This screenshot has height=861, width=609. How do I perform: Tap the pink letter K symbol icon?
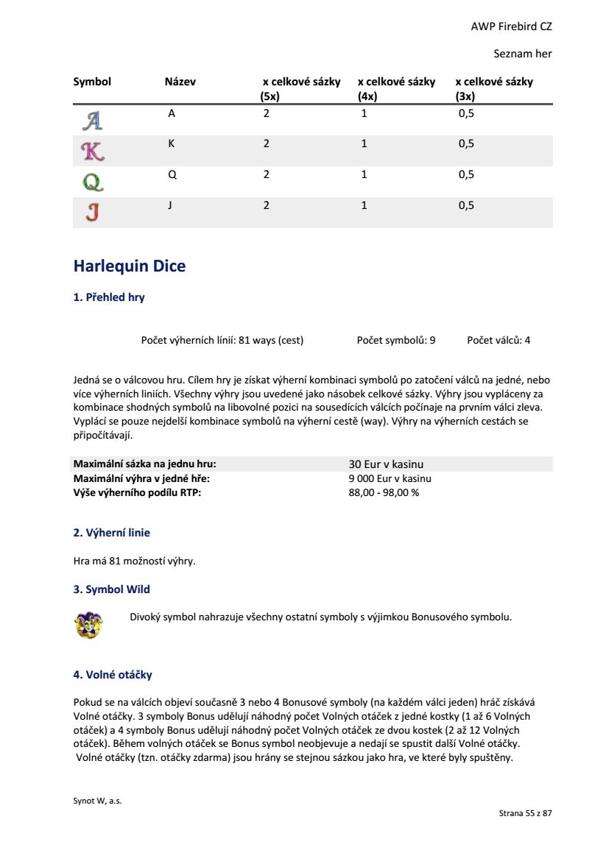pos(92,151)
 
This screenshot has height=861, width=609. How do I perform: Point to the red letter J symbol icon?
pos(92,212)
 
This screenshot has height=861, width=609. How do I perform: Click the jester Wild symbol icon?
pos(89,623)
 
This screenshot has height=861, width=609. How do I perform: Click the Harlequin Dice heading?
pos(130,266)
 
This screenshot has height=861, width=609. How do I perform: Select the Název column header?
pos(180,82)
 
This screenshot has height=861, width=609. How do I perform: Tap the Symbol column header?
pos(92,82)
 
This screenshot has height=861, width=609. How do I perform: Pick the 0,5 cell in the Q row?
pos(466,174)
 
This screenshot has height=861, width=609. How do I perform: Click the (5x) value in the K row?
pos(267,143)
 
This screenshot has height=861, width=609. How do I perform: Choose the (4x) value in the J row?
pos(364,205)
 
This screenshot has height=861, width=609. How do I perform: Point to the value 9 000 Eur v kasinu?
pos(390,478)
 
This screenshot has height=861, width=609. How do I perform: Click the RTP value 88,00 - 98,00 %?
pos(384,492)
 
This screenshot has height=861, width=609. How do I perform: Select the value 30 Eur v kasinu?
pos(386,464)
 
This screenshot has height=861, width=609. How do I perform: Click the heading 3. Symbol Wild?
pos(111,589)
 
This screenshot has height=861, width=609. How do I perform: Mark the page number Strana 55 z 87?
pos(525,813)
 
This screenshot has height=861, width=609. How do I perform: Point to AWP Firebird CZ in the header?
pos(511,26)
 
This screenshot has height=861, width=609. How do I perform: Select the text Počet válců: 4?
pos(499,340)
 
